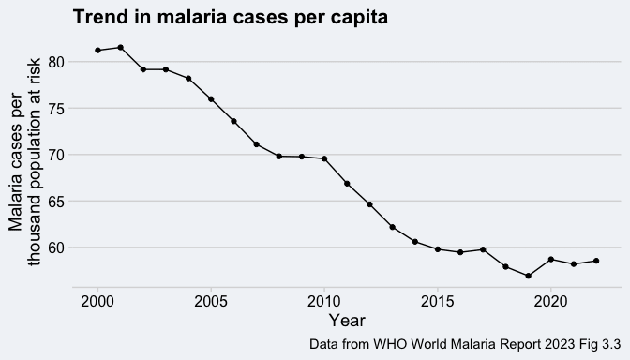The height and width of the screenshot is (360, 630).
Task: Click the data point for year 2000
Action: (x=97, y=51)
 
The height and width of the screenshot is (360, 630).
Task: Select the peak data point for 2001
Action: (x=121, y=48)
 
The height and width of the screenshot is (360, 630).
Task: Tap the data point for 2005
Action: (x=211, y=99)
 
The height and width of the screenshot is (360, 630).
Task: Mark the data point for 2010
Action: (x=324, y=158)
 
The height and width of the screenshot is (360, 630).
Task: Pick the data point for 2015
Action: (x=438, y=249)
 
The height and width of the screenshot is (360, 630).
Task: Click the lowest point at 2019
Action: (x=529, y=276)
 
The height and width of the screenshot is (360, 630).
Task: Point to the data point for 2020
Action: (x=551, y=259)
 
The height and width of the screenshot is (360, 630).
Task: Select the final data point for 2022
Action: (x=596, y=261)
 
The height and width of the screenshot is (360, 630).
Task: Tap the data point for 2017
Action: (x=483, y=249)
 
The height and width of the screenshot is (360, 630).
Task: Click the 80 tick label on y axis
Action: (x=56, y=62)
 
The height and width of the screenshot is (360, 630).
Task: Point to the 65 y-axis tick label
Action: (x=56, y=201)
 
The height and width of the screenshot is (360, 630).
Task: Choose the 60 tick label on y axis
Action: (x=56, y=247)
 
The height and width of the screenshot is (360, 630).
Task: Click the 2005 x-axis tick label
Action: (x=211, y=301)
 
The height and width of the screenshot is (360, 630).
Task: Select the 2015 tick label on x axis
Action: (x=438, y=301)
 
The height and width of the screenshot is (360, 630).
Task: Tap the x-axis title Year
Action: (x=347, y=321)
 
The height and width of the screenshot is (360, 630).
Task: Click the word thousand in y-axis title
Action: (x=34, y=231)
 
